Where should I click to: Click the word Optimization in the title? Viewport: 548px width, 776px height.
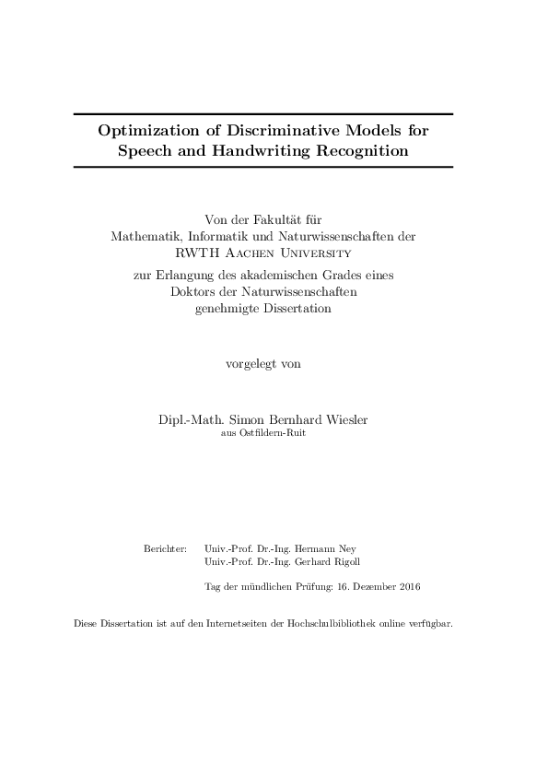[149, 131]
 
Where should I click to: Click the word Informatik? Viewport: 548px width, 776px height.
[218, 236]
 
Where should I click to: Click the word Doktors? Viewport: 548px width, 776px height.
[195, 293]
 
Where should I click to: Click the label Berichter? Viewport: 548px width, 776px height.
[166, 547]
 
